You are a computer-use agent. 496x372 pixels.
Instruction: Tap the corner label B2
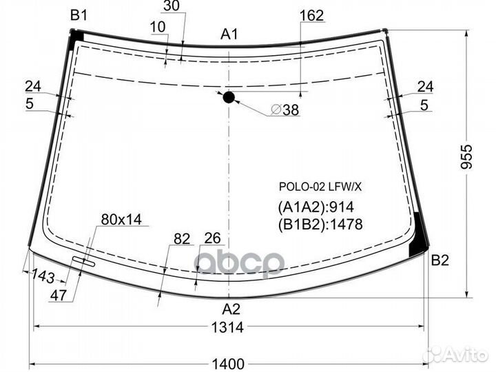[440, 260]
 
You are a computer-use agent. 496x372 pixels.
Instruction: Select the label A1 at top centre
[229, 34]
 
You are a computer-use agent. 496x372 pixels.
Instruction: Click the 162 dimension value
[312, 15]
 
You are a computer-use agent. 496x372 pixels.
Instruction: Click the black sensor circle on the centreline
[229, 98]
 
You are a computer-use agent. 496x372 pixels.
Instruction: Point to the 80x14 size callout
[121, 220]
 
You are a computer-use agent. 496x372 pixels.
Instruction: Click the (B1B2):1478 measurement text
[320, 223]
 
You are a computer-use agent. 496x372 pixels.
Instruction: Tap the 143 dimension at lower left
[43, 276]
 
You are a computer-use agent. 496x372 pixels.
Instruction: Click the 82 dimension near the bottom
[182, 239]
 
